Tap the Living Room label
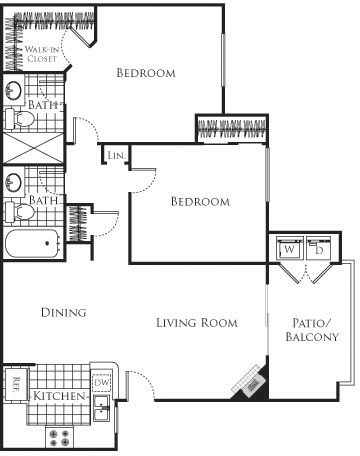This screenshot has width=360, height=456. pos(196,323)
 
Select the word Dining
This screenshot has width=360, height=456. pos(63,313)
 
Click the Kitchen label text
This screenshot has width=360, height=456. pos(57,397)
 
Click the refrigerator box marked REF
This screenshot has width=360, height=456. pos(16,384)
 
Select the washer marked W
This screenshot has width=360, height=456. pos(289,248)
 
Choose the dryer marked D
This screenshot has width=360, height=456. pos(318,248)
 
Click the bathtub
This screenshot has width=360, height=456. pos(31,243)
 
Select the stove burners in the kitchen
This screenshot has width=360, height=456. pos(58,437)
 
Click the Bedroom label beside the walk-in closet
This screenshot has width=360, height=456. pos(146,73)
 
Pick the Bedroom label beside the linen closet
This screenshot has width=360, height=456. pos(199,202)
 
